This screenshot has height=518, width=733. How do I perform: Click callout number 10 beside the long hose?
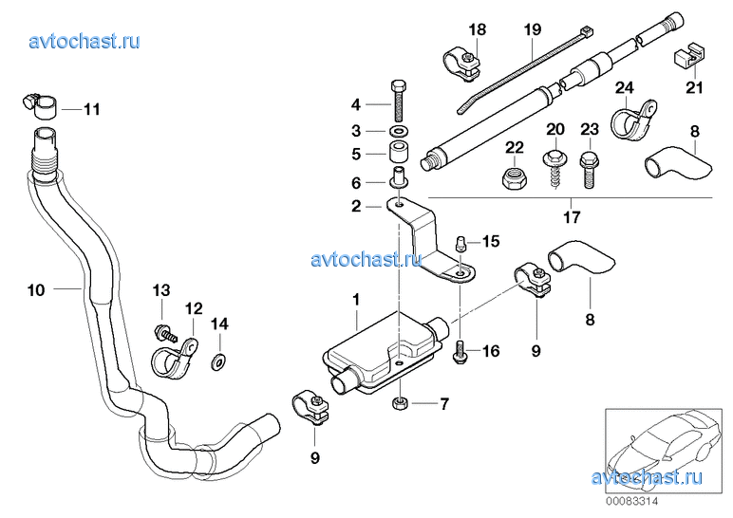[x=35, y=290]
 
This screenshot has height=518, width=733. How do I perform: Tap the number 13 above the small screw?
[x=161, y=289]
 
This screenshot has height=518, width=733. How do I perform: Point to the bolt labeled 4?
[x=399, y=99]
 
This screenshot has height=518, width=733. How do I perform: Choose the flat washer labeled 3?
[x=398, y=130]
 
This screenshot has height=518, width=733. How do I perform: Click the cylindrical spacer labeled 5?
[x=398, y=151]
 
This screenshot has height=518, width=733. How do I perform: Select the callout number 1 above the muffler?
[x=356, y=299]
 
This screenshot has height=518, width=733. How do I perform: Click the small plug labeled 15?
[x=460, y=241]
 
